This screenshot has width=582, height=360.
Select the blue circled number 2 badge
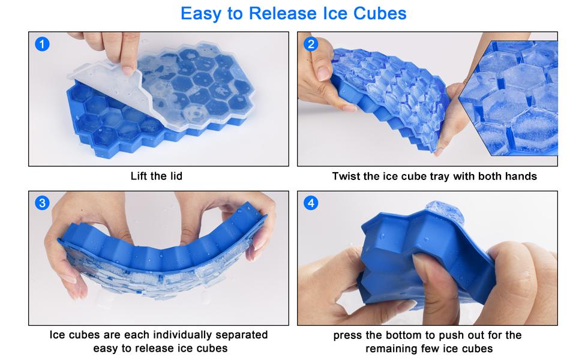pos(311,44)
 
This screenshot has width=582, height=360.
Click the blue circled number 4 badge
pos(311,203)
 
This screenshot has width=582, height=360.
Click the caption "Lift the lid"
pos(157,176)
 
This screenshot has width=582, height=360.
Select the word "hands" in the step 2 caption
pos(520,176)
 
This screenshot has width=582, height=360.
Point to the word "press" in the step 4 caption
pos(349,335)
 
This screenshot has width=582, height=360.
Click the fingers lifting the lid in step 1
pos(120,51)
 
